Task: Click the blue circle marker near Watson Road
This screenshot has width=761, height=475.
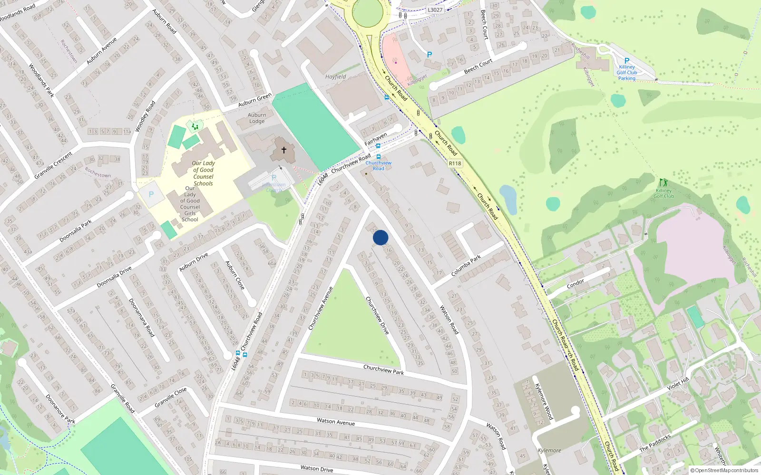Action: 380,237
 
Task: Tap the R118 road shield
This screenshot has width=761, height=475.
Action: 455,163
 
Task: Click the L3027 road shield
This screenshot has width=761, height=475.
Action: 435,10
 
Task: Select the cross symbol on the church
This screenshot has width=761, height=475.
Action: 284,150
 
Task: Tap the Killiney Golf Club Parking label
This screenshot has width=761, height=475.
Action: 627,73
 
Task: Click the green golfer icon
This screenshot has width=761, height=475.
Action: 663,183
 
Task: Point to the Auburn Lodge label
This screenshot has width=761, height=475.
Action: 257,118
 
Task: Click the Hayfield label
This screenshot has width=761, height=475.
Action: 335,77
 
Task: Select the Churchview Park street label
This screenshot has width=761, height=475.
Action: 383,370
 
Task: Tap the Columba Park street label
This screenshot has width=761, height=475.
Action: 466,266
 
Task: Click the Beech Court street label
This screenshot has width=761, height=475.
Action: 478,66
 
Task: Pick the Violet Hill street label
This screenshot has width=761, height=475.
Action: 678,383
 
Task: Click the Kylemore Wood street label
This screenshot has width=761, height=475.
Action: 544,401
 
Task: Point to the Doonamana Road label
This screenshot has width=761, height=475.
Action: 142,318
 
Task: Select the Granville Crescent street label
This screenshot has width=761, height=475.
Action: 53,165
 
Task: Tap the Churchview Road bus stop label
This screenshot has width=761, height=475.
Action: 379,166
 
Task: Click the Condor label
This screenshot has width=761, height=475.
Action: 576,284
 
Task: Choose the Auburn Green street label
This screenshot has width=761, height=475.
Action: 255,100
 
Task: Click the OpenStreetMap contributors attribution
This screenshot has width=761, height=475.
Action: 724,471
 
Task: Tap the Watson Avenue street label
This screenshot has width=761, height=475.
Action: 336,421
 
